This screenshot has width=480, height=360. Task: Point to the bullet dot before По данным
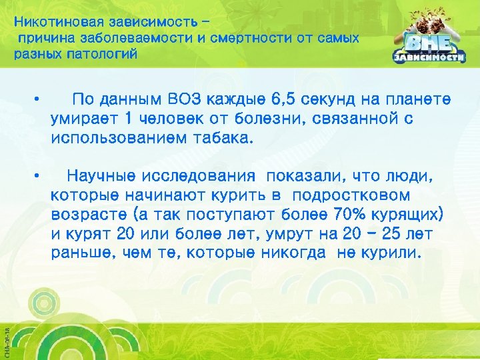point(41,101)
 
